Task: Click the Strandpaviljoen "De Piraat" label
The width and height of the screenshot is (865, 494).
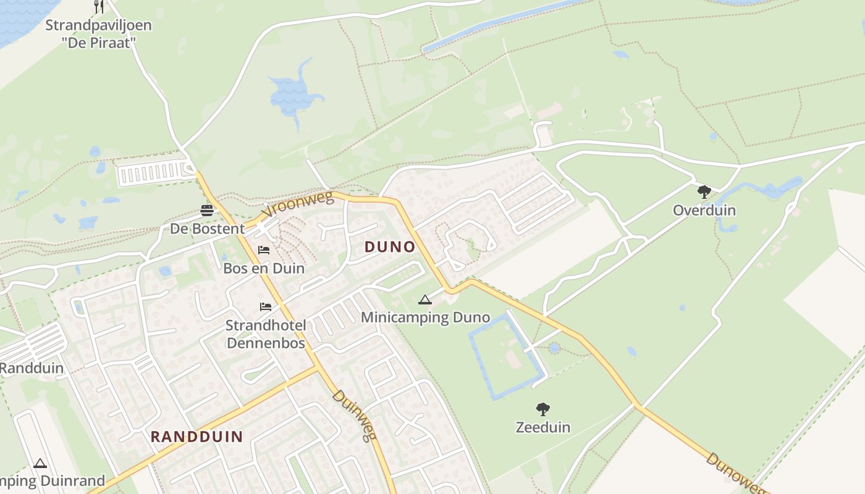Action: [x=98, y=34]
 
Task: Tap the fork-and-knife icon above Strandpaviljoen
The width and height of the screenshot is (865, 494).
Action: [x=98, y=6]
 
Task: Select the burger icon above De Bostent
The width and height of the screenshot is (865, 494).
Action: [x=207, y=211]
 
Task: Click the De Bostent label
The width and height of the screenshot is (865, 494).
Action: [x=207, y=229]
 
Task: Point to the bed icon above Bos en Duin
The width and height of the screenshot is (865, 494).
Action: [x=264, y=250]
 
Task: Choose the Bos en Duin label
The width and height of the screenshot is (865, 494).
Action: [x=264, y=269]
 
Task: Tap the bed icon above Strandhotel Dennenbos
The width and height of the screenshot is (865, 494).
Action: [x=266, y=307]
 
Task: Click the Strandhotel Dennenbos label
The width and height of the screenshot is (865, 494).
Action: [x=266, y=334]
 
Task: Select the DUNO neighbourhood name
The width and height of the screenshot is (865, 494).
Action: [x=390, y=247]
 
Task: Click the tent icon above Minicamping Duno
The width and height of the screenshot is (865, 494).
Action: [x=424, y=300]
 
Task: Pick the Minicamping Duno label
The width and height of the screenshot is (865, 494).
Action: [x=425, y=318]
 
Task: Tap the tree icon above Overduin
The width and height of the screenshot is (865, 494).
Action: [x=704, y=191]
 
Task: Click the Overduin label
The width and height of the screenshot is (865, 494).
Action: [x=704, y=210]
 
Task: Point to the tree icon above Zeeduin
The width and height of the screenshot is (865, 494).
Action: [x=543, y=409]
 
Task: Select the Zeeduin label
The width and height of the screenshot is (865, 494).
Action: [x=543, y=427]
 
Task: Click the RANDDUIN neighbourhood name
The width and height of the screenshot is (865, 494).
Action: [x=196, y=437]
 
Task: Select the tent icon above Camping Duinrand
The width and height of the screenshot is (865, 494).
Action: [x=40, y=463]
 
